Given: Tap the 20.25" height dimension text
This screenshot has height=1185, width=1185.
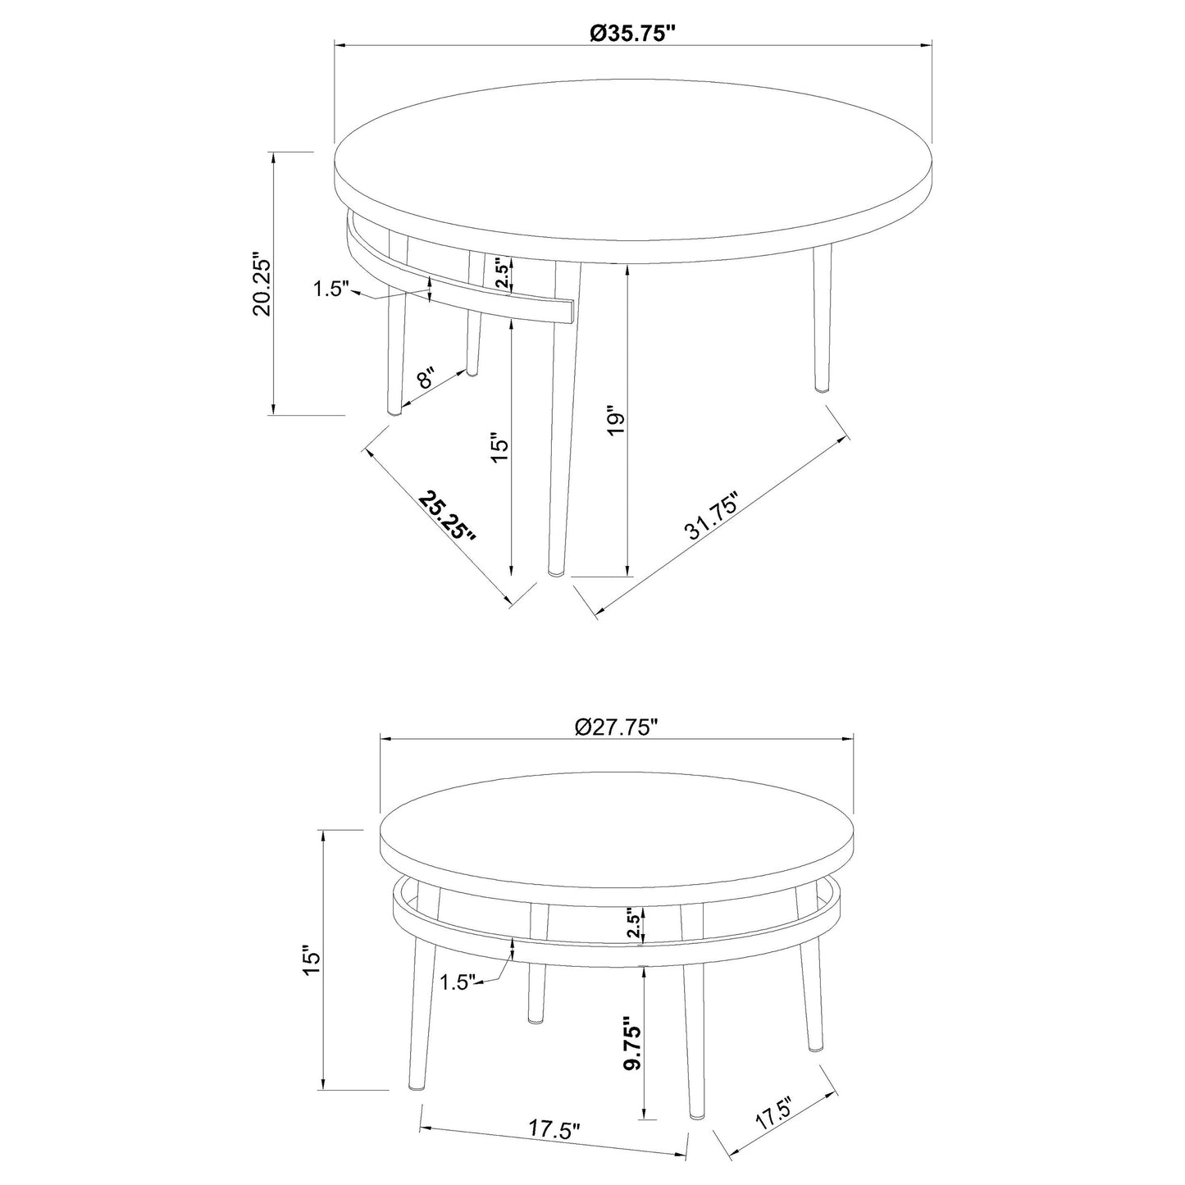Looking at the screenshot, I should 262,284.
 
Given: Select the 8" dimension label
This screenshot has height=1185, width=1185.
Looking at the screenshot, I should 426,378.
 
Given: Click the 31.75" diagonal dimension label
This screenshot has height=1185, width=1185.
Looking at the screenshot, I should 713,517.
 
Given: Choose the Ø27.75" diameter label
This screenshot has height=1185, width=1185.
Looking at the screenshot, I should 617,727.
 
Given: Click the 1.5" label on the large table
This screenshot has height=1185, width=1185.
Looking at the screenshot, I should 331,289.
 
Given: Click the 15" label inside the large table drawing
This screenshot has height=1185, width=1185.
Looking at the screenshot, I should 501,449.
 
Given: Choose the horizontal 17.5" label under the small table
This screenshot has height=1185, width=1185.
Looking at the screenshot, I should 554,1128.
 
